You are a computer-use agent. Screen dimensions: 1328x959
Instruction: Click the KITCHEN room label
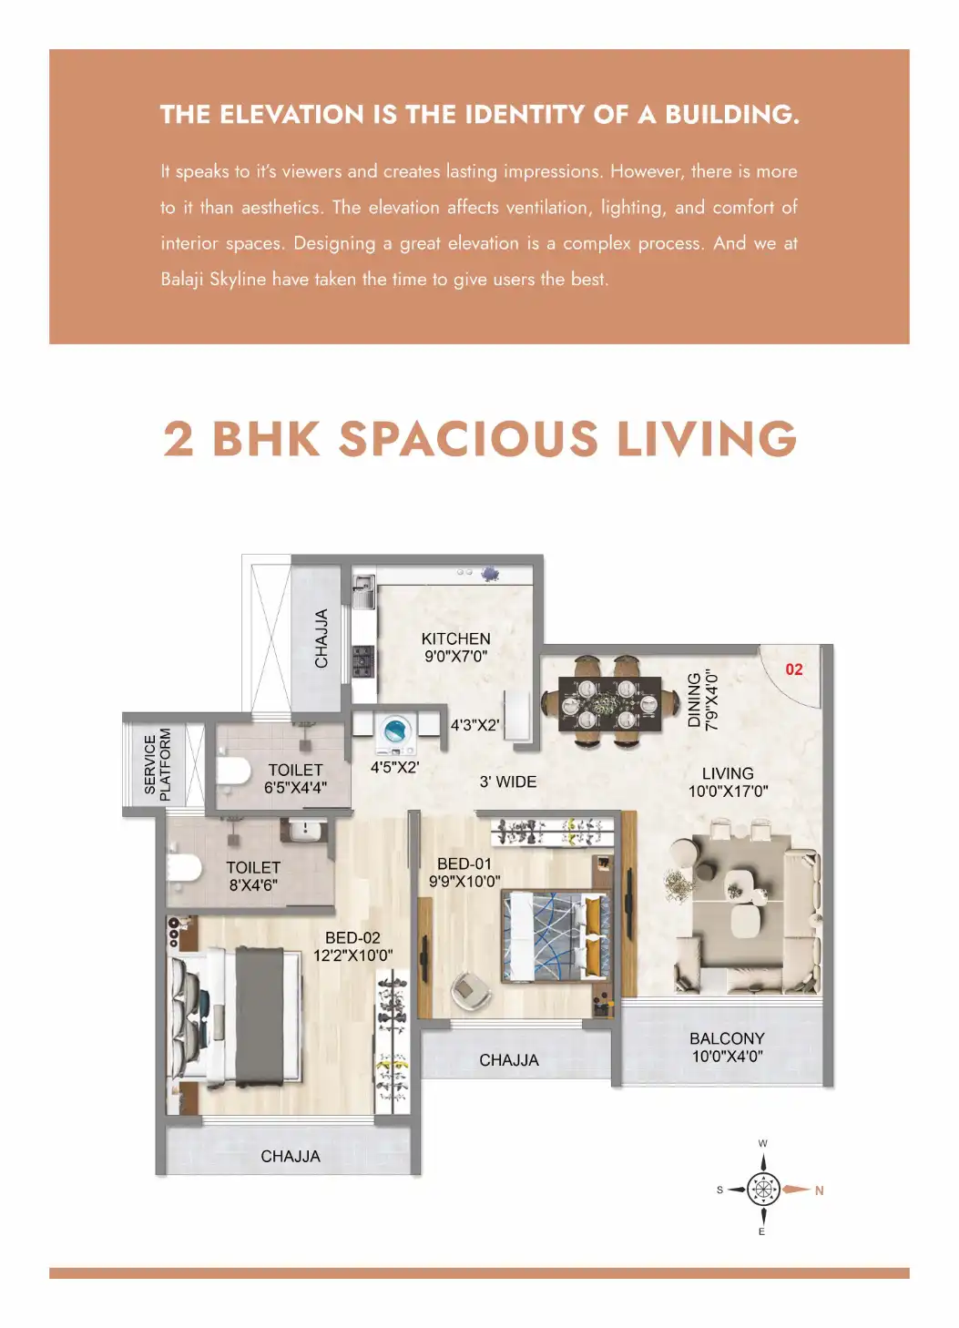[455, 639]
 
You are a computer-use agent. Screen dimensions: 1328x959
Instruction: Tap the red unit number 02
[794, 669]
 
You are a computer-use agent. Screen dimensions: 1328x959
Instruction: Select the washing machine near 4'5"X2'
[395, 733]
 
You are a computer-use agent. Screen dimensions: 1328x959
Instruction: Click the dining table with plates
[609, 704]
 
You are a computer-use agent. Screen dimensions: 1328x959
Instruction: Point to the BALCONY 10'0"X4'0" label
[727, 1047]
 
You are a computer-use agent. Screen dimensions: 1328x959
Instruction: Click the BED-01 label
[464, 863]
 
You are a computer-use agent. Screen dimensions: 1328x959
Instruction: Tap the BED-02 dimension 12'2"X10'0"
[352, 955]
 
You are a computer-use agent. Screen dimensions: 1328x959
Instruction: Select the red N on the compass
[819, 1190]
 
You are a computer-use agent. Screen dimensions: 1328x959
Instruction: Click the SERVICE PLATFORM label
[157, 764]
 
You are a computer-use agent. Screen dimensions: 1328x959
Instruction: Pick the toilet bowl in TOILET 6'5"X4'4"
[233, 771]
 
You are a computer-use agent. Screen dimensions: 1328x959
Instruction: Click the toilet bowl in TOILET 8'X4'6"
[183, 868]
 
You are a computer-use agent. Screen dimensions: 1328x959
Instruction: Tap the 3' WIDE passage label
[508, 781]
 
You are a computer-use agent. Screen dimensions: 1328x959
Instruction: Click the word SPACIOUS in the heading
[468, 439]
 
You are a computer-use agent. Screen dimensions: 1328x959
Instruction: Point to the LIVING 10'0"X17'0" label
[728, 781]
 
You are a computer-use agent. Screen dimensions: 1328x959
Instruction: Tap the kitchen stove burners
[363, 660]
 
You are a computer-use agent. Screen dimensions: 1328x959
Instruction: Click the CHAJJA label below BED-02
[291, 1156]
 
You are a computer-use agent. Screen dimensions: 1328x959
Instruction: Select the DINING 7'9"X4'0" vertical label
[702, 700]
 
